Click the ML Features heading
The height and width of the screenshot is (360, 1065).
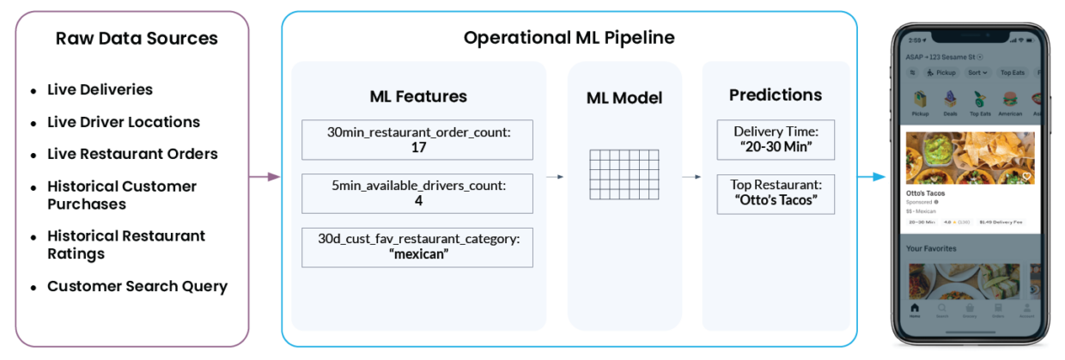pos(418,96)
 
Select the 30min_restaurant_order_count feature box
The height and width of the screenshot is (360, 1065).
pos(418,140)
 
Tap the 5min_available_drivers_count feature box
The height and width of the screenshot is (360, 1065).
pos(418,193)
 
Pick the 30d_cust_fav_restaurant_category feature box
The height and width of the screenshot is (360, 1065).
pos(418,247)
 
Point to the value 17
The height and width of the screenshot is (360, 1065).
pos(418,148)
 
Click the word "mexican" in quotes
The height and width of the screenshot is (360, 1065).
pos(418,254)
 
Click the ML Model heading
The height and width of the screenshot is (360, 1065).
pos(624,98)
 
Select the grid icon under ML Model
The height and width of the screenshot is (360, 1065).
pos(624,174)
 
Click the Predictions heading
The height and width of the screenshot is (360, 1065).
pos(776,95)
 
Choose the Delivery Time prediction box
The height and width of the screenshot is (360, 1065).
pos(776,139)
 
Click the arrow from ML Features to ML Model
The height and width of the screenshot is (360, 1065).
pos(557,177)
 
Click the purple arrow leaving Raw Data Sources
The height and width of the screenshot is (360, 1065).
pos(265,177)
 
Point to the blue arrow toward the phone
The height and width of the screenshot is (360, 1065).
pos(872,177)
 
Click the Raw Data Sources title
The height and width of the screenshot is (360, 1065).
pos(137,39)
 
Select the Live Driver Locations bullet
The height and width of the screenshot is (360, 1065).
pos(124,122)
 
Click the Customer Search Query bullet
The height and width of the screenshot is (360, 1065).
pos(137,287)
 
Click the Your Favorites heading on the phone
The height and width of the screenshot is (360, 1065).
pos(932,248)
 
